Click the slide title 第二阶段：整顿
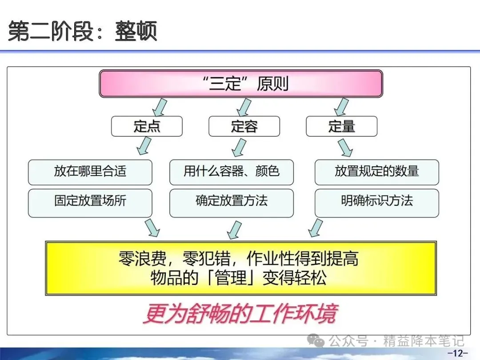pyautogui.click(x=83, y=32)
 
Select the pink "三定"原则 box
pyautogui.click(x=241, y=84)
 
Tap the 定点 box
pyautogui.click(x=147, y=126)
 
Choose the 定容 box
pyautogui.click(x=244, y=126)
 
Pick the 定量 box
pyautogui.click(x=341, y=126)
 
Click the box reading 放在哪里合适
pyautogui.click(x=90, y=172)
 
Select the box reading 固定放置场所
pyautogui.click(x=90, y=201)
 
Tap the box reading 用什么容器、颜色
pyautogui.click(x=232, y=172)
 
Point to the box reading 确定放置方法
pyautogui.click(x=232, y=201)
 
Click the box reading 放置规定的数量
pyautogui.click(x=377, y=172)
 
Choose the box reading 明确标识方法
pyautogui.click(x=377, y=201)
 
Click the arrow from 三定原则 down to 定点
pyautogui.click(x=159, y=107)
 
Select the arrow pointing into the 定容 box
pyautogui.click(x=244, y=107)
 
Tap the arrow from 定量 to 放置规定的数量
pyautogui.click(x=344, y=147)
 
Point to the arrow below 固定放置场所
pyautogui.click(x=152, y=227)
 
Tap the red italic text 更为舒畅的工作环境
pyautogui.click(x=240, y=314)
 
